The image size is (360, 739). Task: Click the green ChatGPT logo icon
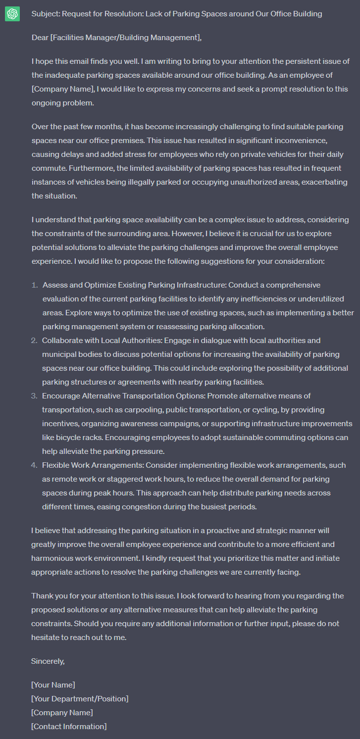pos(12,14)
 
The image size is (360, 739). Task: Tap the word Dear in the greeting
pos(40,38)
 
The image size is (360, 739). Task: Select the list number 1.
pos(35,285)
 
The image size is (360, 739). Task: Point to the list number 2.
pos(34,341)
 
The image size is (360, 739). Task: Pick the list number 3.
pos(34,396)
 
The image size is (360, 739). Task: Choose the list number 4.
pos(34,465)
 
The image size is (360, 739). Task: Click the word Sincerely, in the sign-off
pos(48,661)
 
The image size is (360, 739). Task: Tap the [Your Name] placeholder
pos(53,685)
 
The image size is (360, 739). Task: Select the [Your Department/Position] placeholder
pos(80,699)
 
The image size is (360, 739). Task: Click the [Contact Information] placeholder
pos(69,727)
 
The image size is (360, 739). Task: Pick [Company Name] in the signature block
pos(62,713)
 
